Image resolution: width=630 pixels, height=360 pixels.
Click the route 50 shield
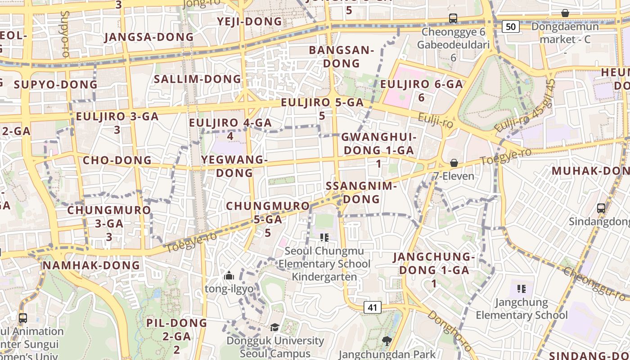pos(511,27)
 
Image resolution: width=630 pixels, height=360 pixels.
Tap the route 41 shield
pos(372,307)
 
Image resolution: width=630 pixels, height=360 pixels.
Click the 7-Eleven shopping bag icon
pos(454,163)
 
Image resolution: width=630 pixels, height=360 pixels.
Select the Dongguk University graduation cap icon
pos(274,327)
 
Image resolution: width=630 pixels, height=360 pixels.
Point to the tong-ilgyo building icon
pos(229,275)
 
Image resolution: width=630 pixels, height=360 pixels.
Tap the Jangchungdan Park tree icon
pos(387,341)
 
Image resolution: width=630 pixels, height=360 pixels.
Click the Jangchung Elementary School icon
pos(522,288)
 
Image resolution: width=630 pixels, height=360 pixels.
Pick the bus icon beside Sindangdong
pos(601,208)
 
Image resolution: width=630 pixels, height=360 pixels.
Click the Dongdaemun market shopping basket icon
pos(565,13)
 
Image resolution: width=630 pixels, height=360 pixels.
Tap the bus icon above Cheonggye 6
pos(453,18)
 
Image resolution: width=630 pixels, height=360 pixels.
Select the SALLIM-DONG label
pos(198,79)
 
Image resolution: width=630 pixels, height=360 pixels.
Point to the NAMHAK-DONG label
pos(91,265)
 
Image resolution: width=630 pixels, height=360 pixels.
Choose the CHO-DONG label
pos(117,160)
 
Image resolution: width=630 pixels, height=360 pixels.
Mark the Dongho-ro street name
pos(450,331)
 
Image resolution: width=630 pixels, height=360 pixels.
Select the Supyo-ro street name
pos(65,34)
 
